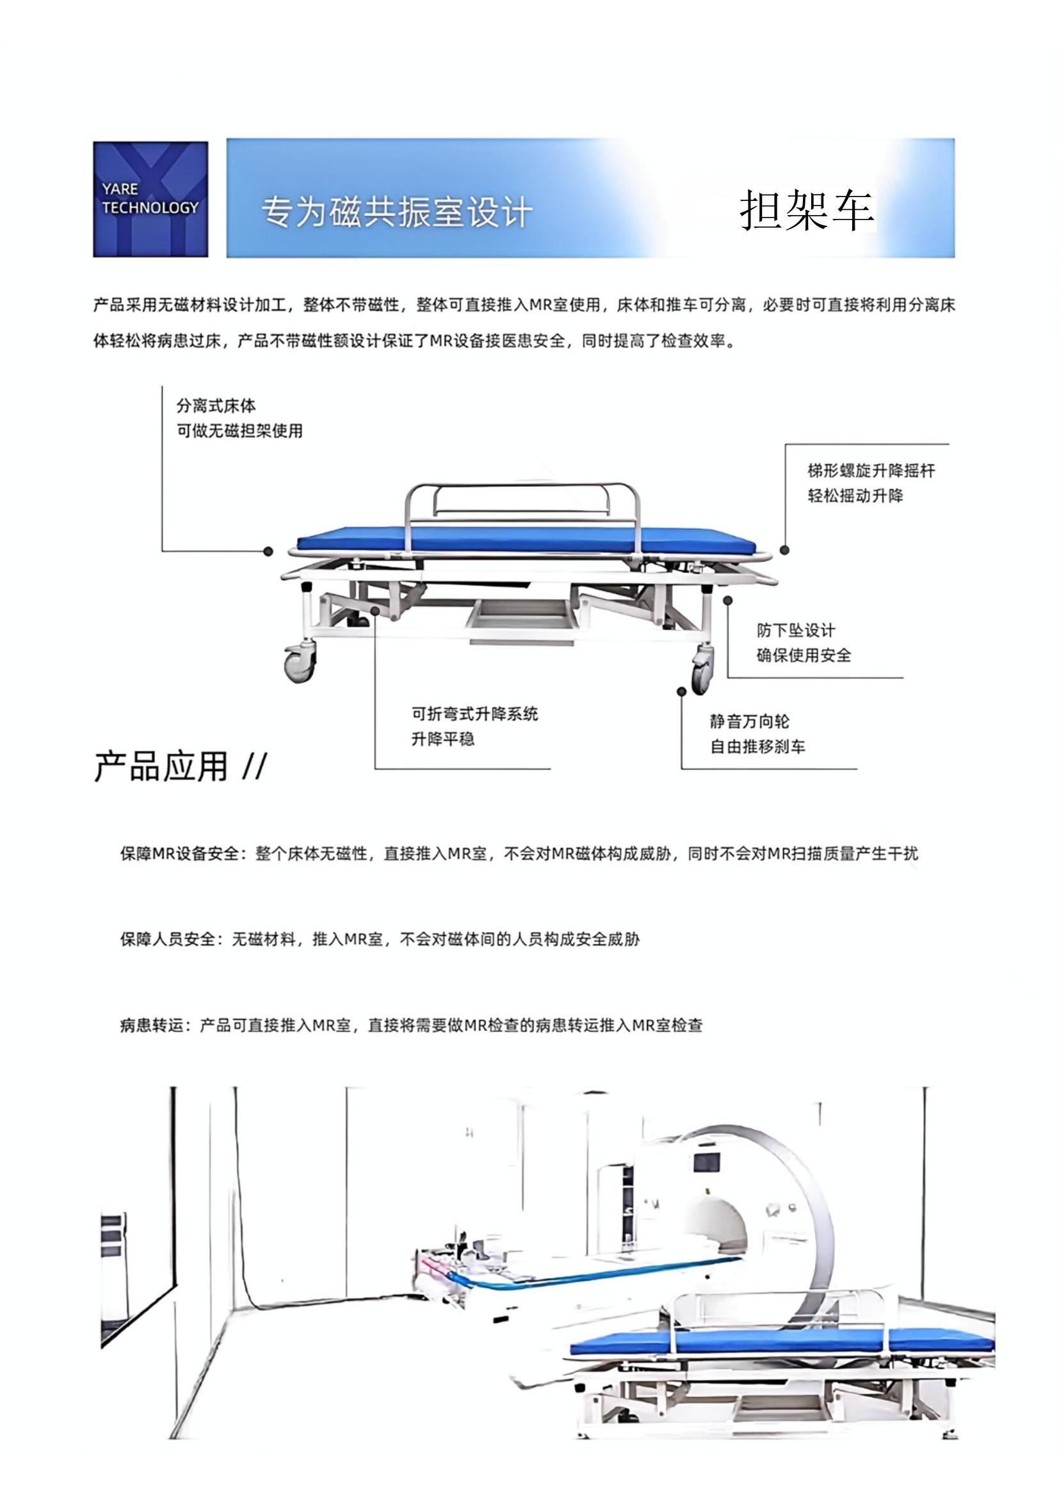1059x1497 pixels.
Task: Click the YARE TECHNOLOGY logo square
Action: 150,199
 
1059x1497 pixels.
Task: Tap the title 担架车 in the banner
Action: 806,211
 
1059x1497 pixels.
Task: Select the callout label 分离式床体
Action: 216,406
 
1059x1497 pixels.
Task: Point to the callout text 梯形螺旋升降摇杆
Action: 871,471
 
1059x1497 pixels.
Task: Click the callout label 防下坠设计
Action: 796,630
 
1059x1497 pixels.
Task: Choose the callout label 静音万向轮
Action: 749,722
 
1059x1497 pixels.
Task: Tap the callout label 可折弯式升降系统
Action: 474,714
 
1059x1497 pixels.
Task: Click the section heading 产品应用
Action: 161,766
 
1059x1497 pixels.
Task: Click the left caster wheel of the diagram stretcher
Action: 299,664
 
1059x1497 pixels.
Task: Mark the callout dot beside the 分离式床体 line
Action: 268,552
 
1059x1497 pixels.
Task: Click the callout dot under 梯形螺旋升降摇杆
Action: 784,550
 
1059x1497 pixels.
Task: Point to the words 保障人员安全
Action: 168,940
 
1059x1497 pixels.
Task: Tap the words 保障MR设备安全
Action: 179,854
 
